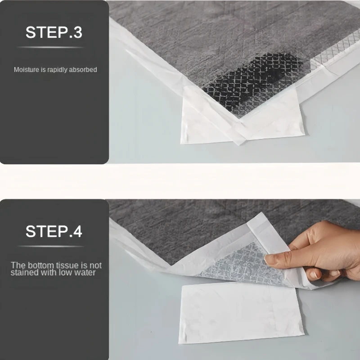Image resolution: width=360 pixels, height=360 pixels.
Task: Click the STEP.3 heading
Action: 54,32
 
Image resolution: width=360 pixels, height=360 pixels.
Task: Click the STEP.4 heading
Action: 54,231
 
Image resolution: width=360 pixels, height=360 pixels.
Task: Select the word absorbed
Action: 83,70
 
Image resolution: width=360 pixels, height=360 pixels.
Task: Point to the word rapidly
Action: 58,70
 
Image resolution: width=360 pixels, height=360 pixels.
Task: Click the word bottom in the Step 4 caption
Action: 40,265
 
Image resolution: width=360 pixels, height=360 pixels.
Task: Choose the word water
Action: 85,273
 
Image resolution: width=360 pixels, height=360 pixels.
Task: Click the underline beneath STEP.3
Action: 50,47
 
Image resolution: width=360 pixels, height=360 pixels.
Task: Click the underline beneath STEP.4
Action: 50,246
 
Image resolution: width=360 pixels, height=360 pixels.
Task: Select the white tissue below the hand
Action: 241,312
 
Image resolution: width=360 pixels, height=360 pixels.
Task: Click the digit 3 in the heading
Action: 78,32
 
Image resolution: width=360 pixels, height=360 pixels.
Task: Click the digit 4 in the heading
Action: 78,231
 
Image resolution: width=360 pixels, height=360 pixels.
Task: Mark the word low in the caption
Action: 65,273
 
